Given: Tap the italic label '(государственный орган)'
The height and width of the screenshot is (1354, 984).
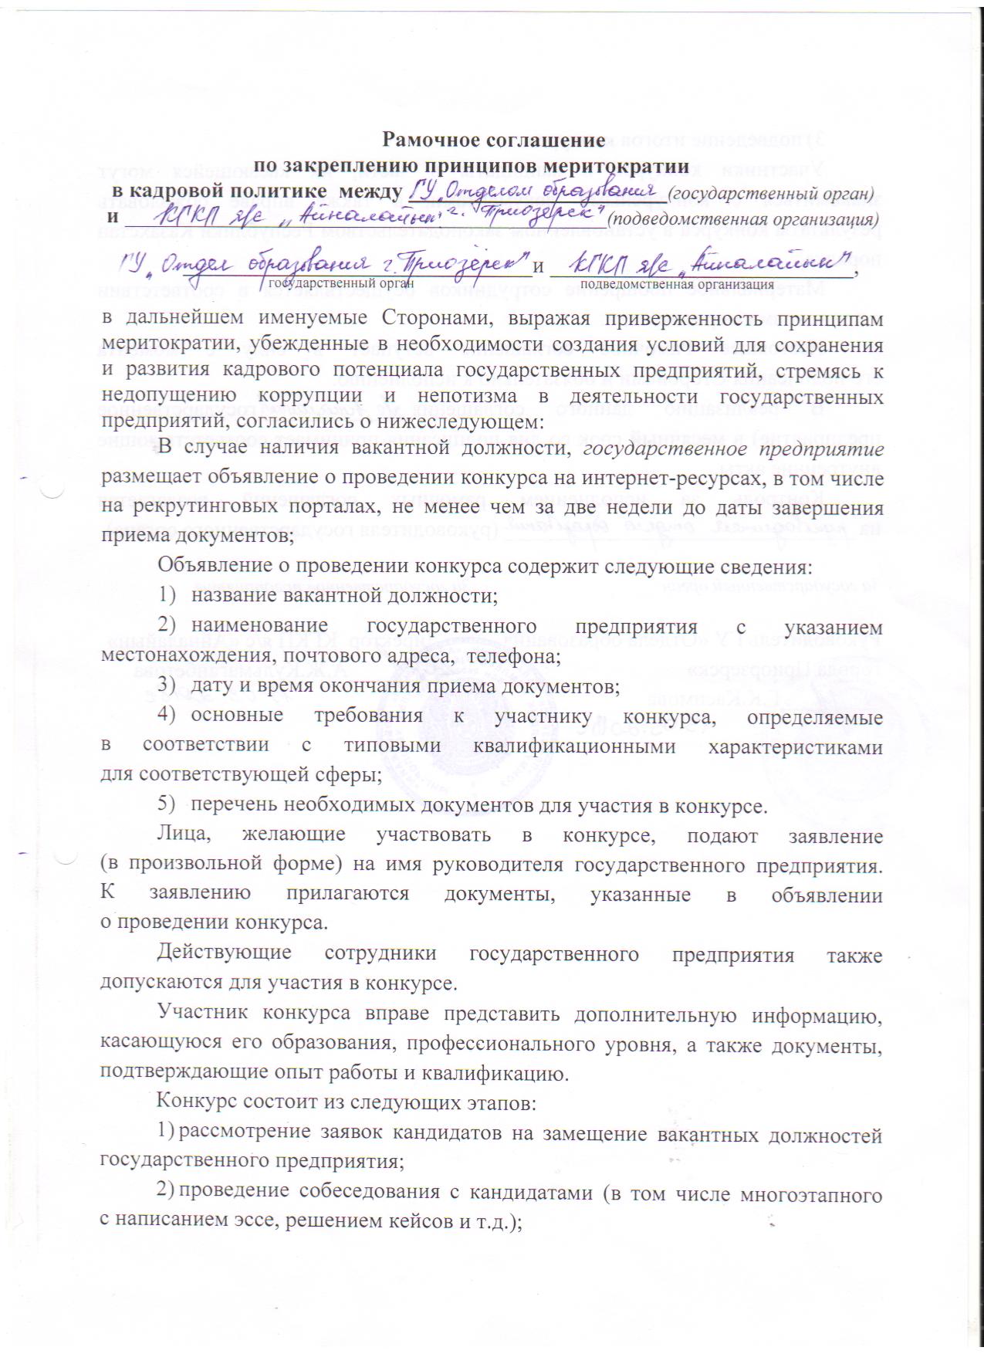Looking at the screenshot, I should [x=771, y=191].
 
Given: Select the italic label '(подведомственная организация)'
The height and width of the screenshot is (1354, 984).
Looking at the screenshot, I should [x=744, y=218].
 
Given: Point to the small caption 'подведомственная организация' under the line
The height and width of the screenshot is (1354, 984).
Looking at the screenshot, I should [x=666, y=283].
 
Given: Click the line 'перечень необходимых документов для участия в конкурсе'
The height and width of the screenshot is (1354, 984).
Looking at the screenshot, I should [x=478, y=806].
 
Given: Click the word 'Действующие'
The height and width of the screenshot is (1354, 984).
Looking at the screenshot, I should [x=224, y=955].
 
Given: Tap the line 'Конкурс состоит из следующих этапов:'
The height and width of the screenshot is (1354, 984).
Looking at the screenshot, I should [x=345, y=1102].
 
